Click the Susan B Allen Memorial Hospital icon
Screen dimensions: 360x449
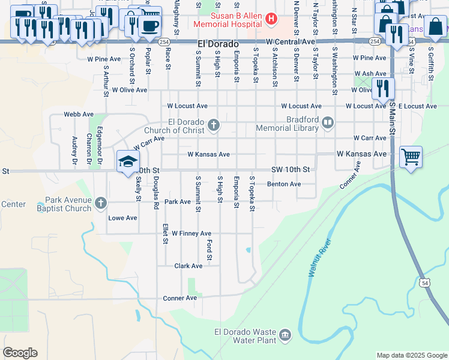pyautogui.click(x=271, y=19)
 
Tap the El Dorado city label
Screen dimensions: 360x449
pyautogui.click(x=218, y=45)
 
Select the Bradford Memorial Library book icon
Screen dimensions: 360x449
pyautogui.click(x=328, y=124)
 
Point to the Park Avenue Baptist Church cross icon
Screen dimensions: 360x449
pyautogui.click(x=100, y=204)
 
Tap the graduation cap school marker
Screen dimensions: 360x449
pyautogui.click(x=128, y=161)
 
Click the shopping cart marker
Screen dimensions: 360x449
pyautogui.click(x=411, y=157)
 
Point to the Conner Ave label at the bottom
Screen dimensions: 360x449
pyautogui.click(x=180, y=298)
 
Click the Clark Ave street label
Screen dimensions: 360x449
pyautogui.click(x=188, y=266)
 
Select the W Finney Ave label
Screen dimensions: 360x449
pyautogui.click(x=191, y=233)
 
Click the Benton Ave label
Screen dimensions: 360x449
pyautogui.click(x=283, y=184)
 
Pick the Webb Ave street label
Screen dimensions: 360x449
pyautogui.click(x=79, y=114)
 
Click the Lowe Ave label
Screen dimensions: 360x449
pyautogui.click(x=122, y=218)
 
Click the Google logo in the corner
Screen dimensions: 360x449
pyautogui.click(x=20, y=353)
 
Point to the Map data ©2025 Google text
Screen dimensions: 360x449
pyautogui.click(x=411, y=355)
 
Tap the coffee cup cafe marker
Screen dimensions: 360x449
pyautogui.click(x=149, y=26)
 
